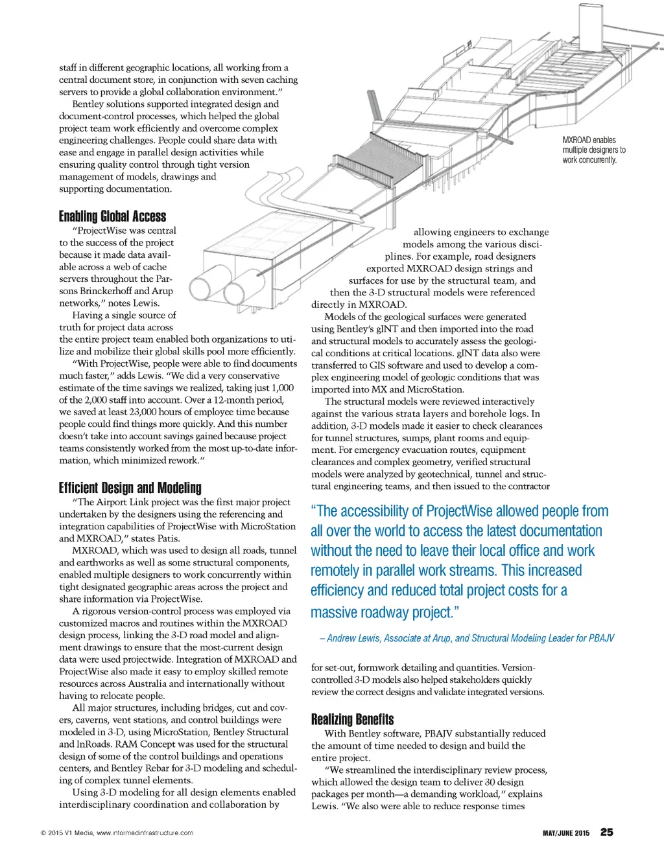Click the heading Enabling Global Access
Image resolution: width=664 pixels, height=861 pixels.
(x=112, y=216)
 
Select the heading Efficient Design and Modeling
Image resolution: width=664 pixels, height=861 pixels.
(x=130, y=488)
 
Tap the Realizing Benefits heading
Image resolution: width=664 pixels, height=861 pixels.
(x=352, y=719)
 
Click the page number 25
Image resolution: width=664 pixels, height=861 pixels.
(x=606, y=832)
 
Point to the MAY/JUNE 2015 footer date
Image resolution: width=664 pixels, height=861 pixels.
(x=565, y=833)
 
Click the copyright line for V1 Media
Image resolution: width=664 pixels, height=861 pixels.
(x=117, y=833)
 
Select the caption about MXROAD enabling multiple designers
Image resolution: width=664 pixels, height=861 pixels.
(x=593, y=150)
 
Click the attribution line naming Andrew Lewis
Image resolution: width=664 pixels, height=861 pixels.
(x=467, y=638)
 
